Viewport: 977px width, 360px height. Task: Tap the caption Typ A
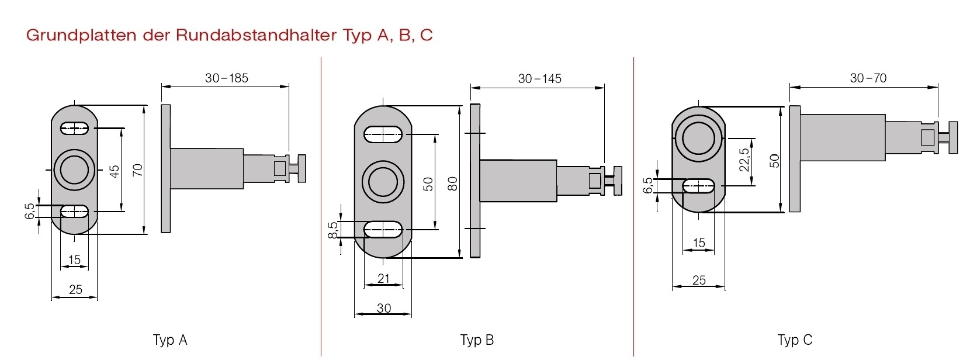click(170, 340)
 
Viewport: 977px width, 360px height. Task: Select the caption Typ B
click(477, 340)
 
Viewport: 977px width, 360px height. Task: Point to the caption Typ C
click(795, 340)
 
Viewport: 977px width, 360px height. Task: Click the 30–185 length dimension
click(227, 78)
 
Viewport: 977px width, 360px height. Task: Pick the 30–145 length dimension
click(539, 79)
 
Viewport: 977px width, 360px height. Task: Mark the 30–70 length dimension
click(868, 78)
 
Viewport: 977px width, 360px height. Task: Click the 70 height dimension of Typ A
click(138, 170)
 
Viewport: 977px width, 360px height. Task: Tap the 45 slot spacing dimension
click(115, 171)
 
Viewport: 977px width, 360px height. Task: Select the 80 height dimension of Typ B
click(453, 184)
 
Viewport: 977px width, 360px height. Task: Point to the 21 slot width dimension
click(383, 279)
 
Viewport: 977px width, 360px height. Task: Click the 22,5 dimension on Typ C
click(744, 160)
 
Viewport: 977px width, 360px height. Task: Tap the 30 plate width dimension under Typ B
click(383, 308)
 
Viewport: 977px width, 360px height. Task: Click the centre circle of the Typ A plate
click(74, 170)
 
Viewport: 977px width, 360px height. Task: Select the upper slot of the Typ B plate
click(383, 134)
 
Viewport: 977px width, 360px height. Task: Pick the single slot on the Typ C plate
click(698, 186)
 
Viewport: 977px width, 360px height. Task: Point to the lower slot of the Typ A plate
click(74, 211)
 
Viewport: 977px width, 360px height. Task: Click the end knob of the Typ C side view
click(953, 138)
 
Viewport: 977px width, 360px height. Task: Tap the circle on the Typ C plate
click(698, 138)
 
